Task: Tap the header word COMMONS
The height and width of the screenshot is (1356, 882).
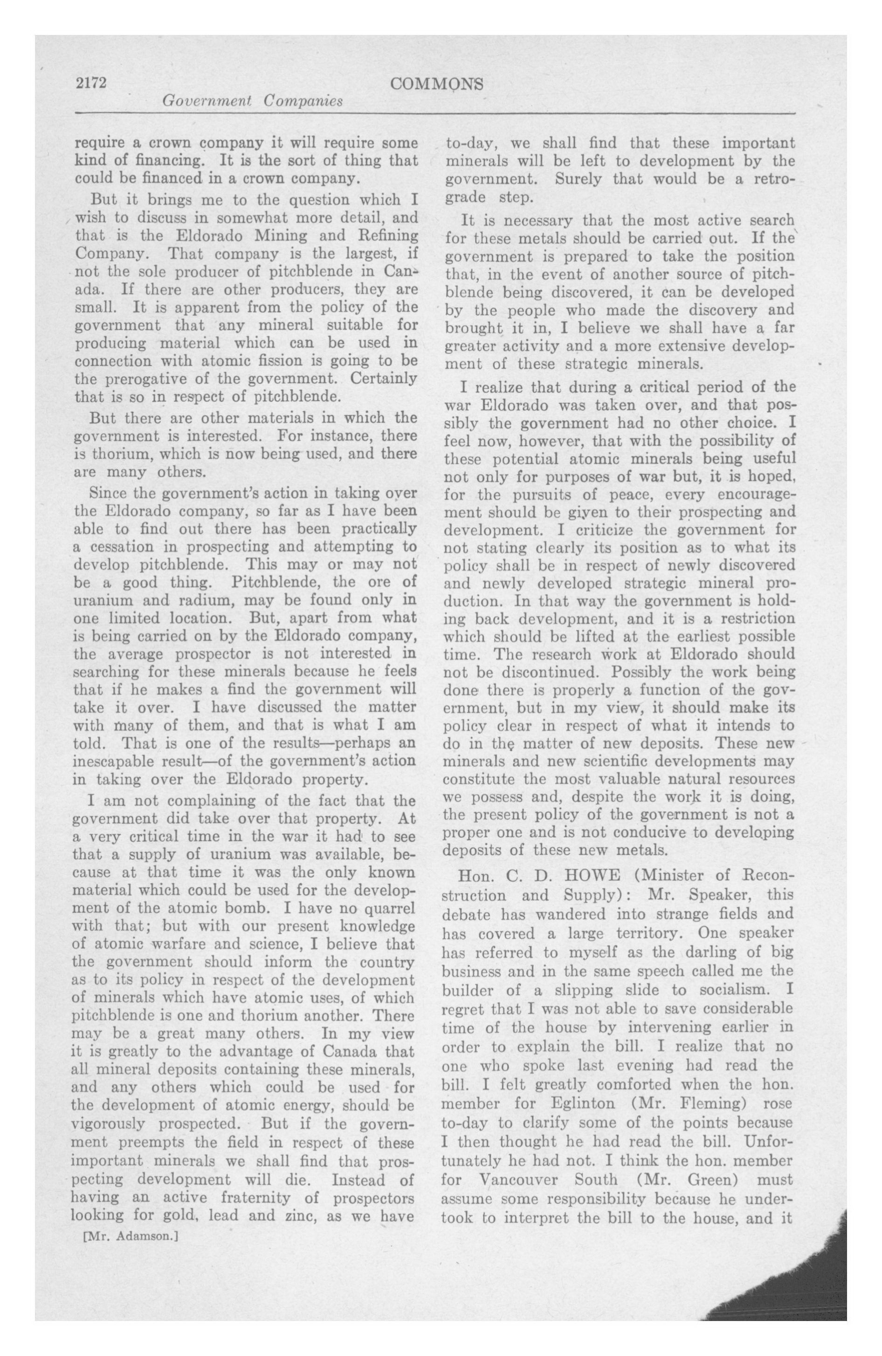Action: tap(436, 84)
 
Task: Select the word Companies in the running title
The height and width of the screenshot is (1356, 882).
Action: tap(303, 101)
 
